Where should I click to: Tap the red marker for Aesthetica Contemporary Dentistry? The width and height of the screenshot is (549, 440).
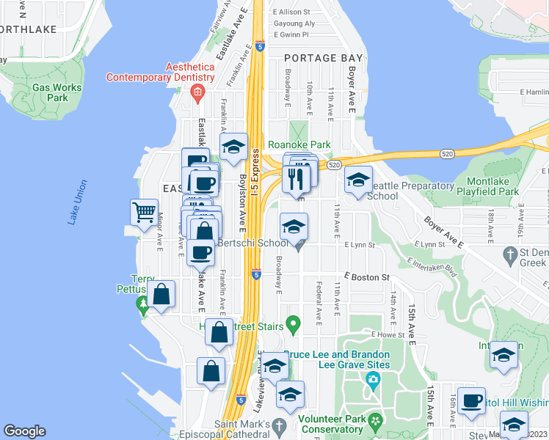[x=197, y=92]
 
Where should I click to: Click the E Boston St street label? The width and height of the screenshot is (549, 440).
[x=368, y=278]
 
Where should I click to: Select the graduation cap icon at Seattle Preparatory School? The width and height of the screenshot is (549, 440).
[x=358, y=179]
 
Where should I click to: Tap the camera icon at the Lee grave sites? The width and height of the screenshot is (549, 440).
[x=373, y=380]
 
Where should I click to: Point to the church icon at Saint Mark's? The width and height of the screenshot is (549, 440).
[x=278, y=426]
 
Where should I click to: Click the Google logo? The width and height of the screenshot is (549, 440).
[x=24, y=431]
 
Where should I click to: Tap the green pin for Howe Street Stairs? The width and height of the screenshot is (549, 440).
[x=293, y=323]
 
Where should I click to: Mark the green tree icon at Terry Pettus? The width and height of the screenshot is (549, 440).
[x=142, y=303]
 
